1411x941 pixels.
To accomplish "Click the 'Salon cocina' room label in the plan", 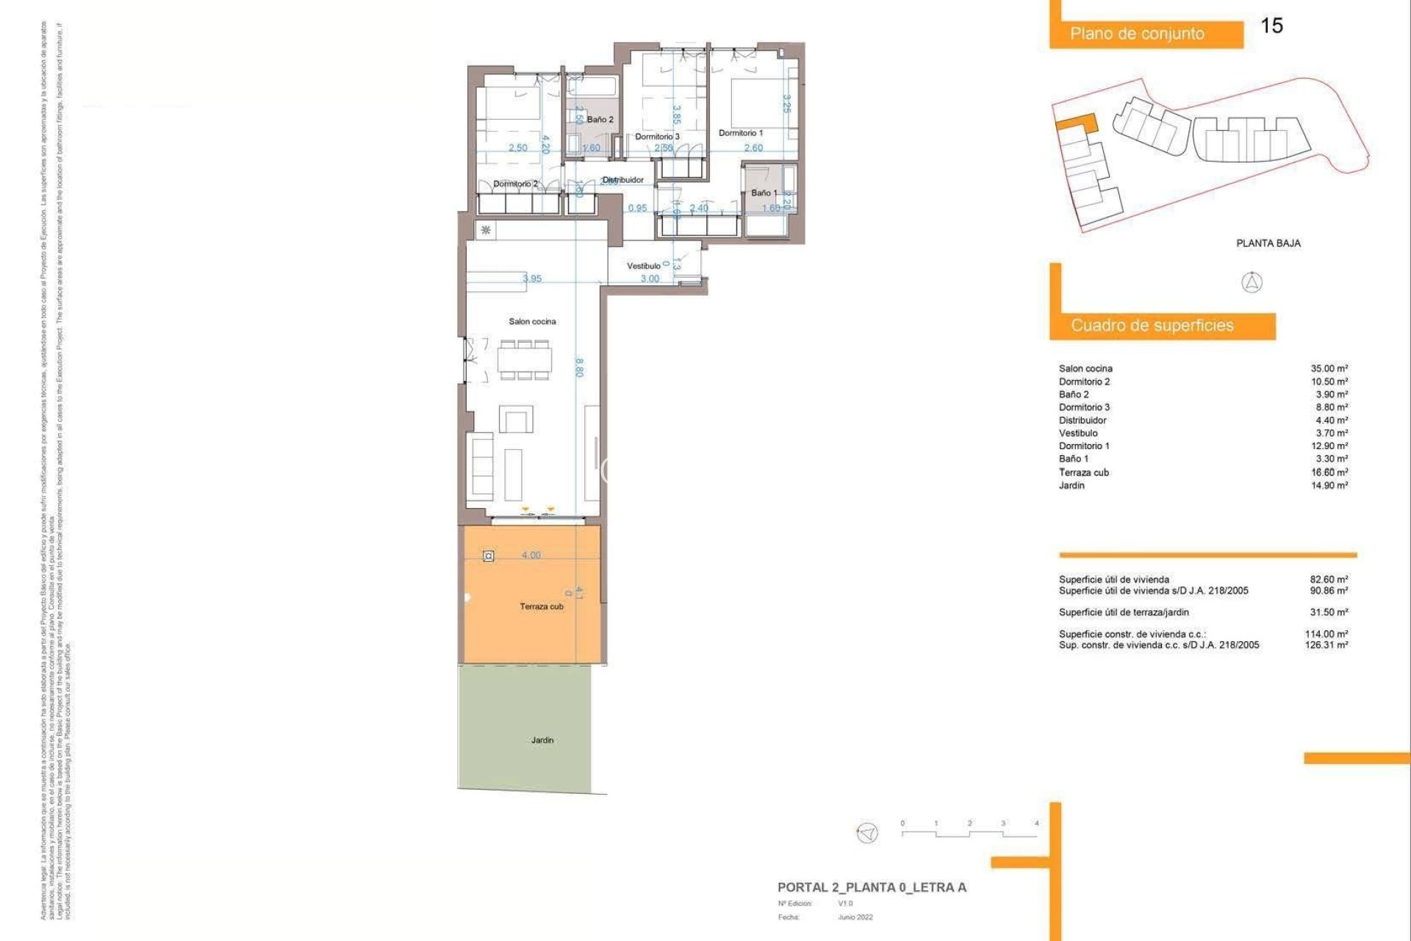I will pyautogui.click(x=532, y=321).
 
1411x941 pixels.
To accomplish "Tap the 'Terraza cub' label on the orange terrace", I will pyautogui.click(x=542, y=607).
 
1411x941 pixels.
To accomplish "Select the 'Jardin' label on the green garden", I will pyautogui.click(x=542, y=740).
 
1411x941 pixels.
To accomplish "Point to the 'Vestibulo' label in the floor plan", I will pyautogui.click(x=643, y=266).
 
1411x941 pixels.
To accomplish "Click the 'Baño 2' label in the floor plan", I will pyautogui.click(x=600, y=119).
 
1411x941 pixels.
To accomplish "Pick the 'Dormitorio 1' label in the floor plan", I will pyautogui.click(x=740, y=133).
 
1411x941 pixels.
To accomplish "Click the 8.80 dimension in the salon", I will pyautogui.click(x=579, y=368).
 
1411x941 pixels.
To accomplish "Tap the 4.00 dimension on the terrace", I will pyautogui.click(x=531, y=555).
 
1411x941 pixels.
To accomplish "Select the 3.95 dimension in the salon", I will pyautogui.click(x=532, y=279).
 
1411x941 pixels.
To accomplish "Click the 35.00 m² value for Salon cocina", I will pyautogui.click(x=1329, y=368).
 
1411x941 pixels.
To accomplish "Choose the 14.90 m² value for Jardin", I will pyautogui.click(x=1329, y=485).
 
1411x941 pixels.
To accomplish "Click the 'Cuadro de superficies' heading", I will pyautogui.click(x=1152, y=326).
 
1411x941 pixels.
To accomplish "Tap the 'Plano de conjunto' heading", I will pyautogui.click(x=1137, y=34).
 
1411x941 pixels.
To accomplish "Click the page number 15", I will pyautogui.click(x=1271, y=26).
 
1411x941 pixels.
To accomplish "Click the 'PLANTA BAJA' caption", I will pyautogui.click(x=1268, y=243).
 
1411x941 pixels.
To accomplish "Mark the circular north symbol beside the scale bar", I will pyautogui.click(x=867, y=833).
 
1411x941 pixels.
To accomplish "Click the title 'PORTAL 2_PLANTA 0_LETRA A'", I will pyautogui.click(x=872, y=887).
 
